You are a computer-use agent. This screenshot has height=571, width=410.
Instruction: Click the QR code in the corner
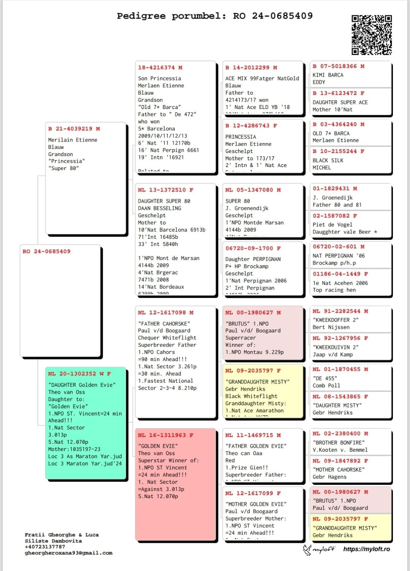pos(371,35)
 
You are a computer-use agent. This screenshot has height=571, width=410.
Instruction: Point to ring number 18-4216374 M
pos(160,68)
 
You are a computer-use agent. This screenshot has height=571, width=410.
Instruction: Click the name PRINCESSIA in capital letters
pos(241,137)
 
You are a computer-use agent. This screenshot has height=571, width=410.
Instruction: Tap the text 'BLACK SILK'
pos(328,160)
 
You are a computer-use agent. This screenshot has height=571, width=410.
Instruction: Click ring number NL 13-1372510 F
pos(165,190)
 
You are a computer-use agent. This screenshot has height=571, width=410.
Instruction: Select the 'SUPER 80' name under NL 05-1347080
pos(238,201)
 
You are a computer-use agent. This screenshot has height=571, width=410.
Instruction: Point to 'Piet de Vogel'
pos(332,224)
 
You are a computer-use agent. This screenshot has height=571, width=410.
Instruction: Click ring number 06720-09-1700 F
pos(253,248)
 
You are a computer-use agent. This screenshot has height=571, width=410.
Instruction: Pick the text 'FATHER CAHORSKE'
pos(164,323)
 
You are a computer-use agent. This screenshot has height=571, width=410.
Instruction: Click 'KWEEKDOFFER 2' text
pos(335,320)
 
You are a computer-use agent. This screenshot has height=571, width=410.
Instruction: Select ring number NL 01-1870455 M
pos(340,369)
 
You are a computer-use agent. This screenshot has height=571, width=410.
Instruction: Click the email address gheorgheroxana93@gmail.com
pos(68,553)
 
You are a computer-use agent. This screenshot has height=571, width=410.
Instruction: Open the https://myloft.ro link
pos(366,549)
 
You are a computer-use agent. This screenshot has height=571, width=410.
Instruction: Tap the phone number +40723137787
pos(45,547)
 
